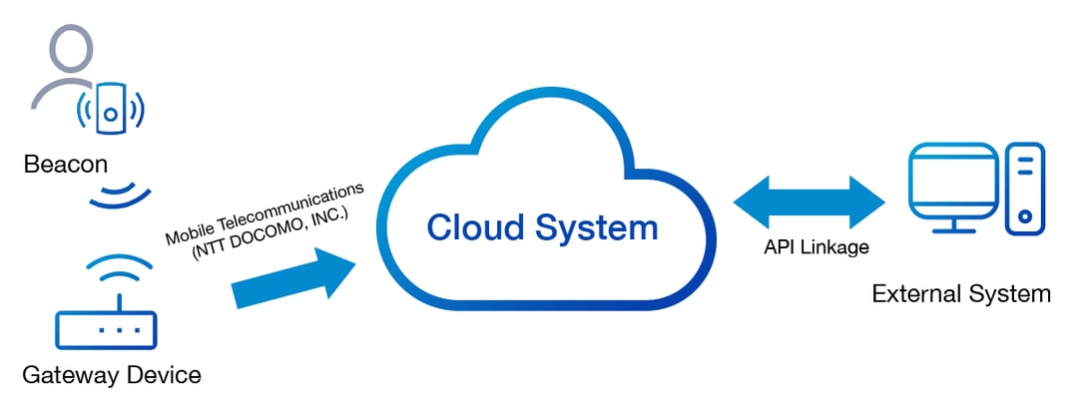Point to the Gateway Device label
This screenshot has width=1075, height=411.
[111, 375]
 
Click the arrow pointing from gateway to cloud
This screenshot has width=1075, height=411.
[294, 280]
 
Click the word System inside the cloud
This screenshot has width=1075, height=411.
[597, 227]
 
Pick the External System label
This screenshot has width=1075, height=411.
[961, 293]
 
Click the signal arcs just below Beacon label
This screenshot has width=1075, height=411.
[119, 195]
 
